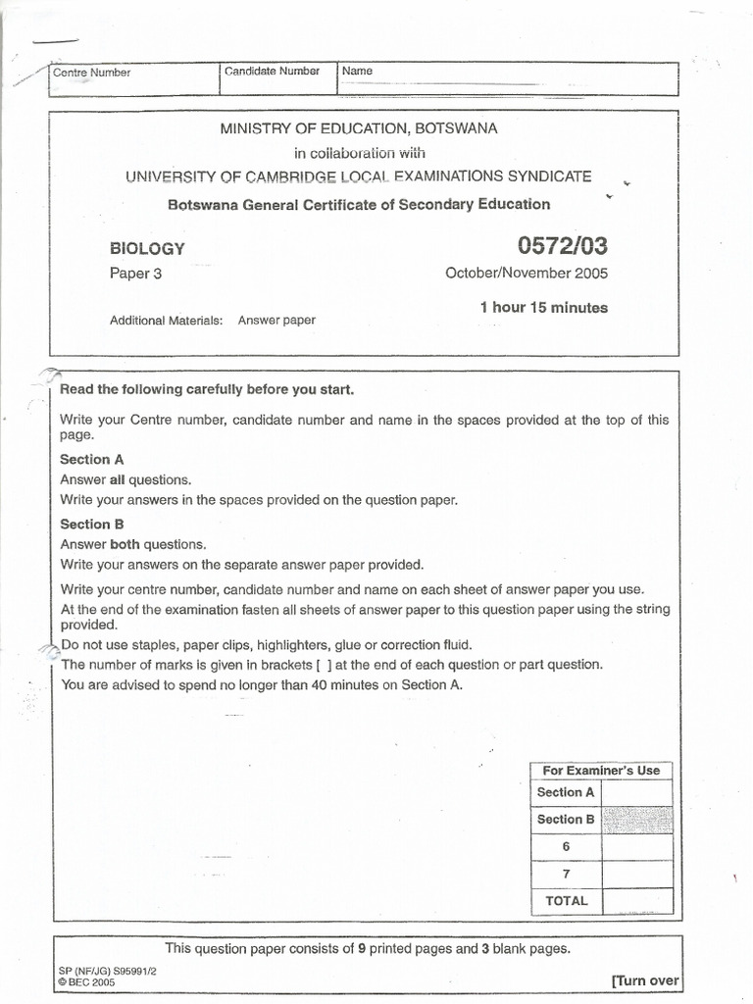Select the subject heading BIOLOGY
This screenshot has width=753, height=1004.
pyautogui.click(x=147, y=249)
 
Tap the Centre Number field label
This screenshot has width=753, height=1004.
pyautogui.click(x=91, y=73)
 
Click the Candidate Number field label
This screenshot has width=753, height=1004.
pyautogui.click(x=272, y=72)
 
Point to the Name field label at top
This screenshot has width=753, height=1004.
pyautogui.click(x=357, y=72)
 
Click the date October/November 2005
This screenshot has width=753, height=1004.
pyautogui.click(x=526, y=274)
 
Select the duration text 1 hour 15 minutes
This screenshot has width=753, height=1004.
pyautogui.click(x=543, y=307)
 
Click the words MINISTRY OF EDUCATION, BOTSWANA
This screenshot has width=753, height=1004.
pyautogui.click(x=358, y=128)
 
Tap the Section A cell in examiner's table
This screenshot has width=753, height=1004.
pyautogui.click(x=566, y=792)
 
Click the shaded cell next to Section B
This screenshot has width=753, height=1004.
pyautogui.click(x=637, y=820)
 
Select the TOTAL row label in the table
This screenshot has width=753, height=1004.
pyautogui.click(x=566, y=900)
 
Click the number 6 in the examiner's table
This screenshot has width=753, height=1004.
pyautogui.click(x=566, y=846)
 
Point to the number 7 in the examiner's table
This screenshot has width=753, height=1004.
pyautogui.click(x=566, y=874)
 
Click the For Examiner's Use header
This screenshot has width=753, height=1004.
pyautogui.click(x=601, y=771)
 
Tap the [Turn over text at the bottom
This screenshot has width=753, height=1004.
pyautogui.click(x=644, y=980)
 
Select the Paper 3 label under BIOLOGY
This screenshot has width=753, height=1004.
pyautogui.click(x=135, y=274)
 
